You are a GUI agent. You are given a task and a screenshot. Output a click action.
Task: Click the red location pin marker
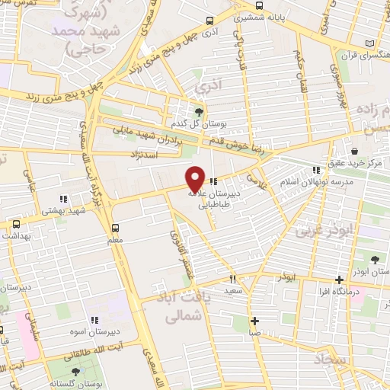[x=196, y=178]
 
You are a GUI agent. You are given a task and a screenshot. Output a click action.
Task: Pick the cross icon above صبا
[x=255, y=321]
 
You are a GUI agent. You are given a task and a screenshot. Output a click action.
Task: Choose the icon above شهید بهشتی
[x=64, y=200]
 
